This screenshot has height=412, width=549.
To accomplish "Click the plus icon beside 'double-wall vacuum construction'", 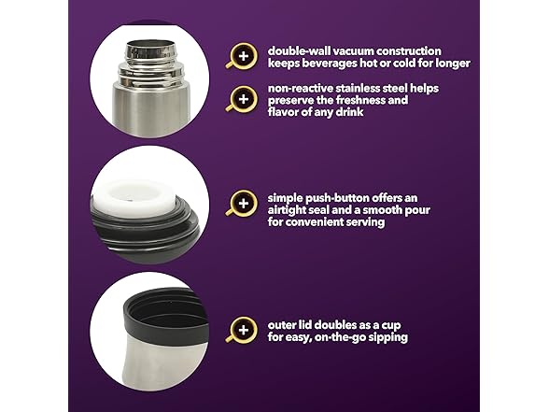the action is point(244,56).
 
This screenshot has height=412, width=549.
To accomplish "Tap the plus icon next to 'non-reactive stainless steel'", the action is point(244,99).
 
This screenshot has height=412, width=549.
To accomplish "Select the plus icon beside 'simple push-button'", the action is point(244,204).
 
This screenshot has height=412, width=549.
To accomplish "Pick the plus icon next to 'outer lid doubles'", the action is point(244,330).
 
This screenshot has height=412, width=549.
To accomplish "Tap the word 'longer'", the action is point(453,64).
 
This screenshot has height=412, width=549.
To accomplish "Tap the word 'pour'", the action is point(417,211).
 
